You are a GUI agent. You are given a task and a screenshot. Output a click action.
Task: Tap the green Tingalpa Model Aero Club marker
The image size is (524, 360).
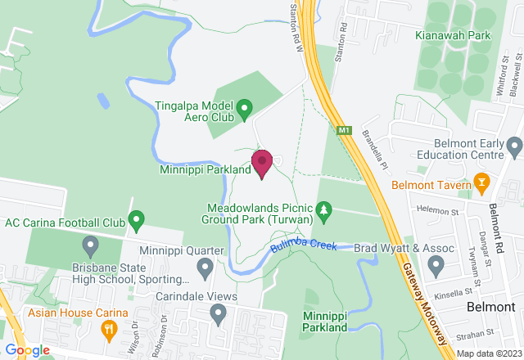point(243,108)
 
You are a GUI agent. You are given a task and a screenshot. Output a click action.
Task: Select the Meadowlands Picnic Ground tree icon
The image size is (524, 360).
point(325,212)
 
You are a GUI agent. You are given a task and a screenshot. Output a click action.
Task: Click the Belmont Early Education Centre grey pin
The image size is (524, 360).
point(514,147)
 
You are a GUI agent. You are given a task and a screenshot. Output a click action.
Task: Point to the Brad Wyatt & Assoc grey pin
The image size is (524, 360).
point(436,265)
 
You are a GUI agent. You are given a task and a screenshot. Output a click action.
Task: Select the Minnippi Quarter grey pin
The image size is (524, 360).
point(206,267)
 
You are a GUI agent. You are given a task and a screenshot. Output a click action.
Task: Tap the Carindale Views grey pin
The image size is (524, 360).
point(218,313)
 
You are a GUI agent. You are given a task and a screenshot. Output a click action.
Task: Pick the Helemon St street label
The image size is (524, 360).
point(433,211)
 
